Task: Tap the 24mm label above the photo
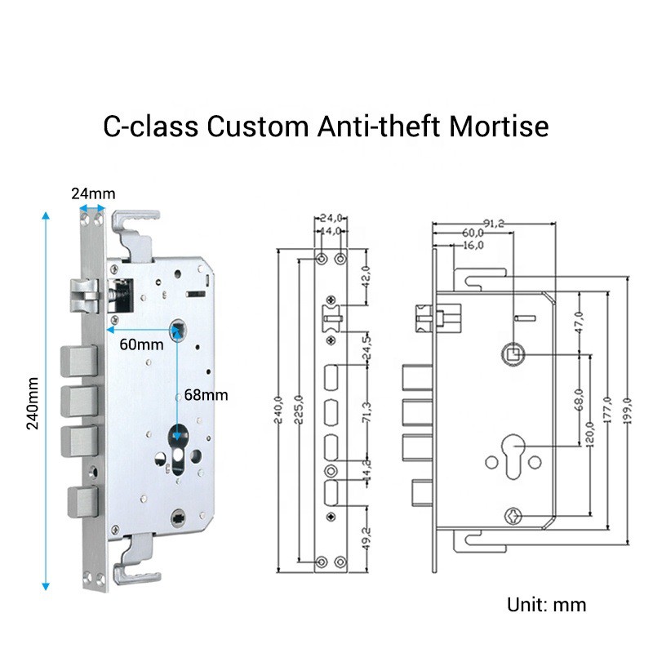pyautogui.click(x=92, y=193)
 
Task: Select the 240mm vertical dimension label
pyautogui.click(x=31, y=405)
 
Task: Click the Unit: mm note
pyautogui.click(x=546, y=605)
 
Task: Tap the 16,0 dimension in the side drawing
pyautogui.click(x=473, y=244)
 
